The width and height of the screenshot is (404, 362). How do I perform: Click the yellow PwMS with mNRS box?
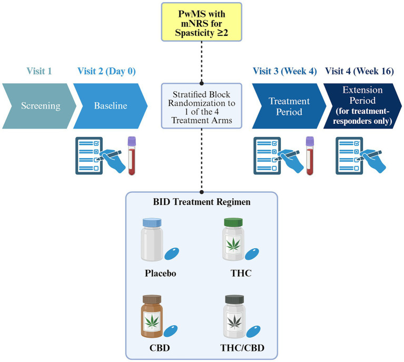pyautogui.click(x=202, y=22)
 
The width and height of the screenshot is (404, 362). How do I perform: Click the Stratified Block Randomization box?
pyautogui.click(x=202, y=105)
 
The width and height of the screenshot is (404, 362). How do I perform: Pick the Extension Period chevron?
pyautogui.click(x=363, y=105)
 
